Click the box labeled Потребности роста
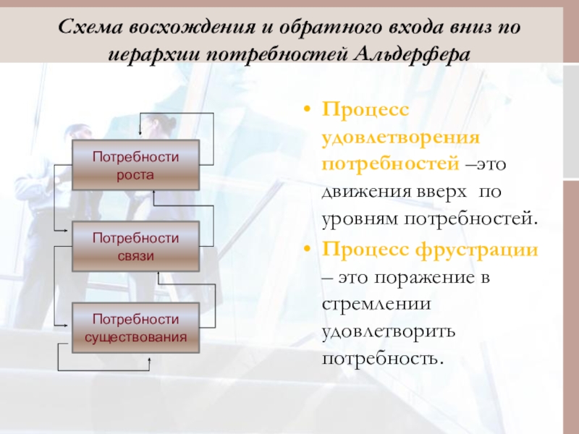(x=135, y=165)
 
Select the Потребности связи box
(x=135, y=247)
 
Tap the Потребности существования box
(x=135, y=328)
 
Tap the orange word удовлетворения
(x=401, y=136)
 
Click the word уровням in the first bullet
(x=360, y=217)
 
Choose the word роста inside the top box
(x=135, y=174)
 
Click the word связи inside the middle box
(x=135, y=255)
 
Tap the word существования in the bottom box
(x=135, y=336)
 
